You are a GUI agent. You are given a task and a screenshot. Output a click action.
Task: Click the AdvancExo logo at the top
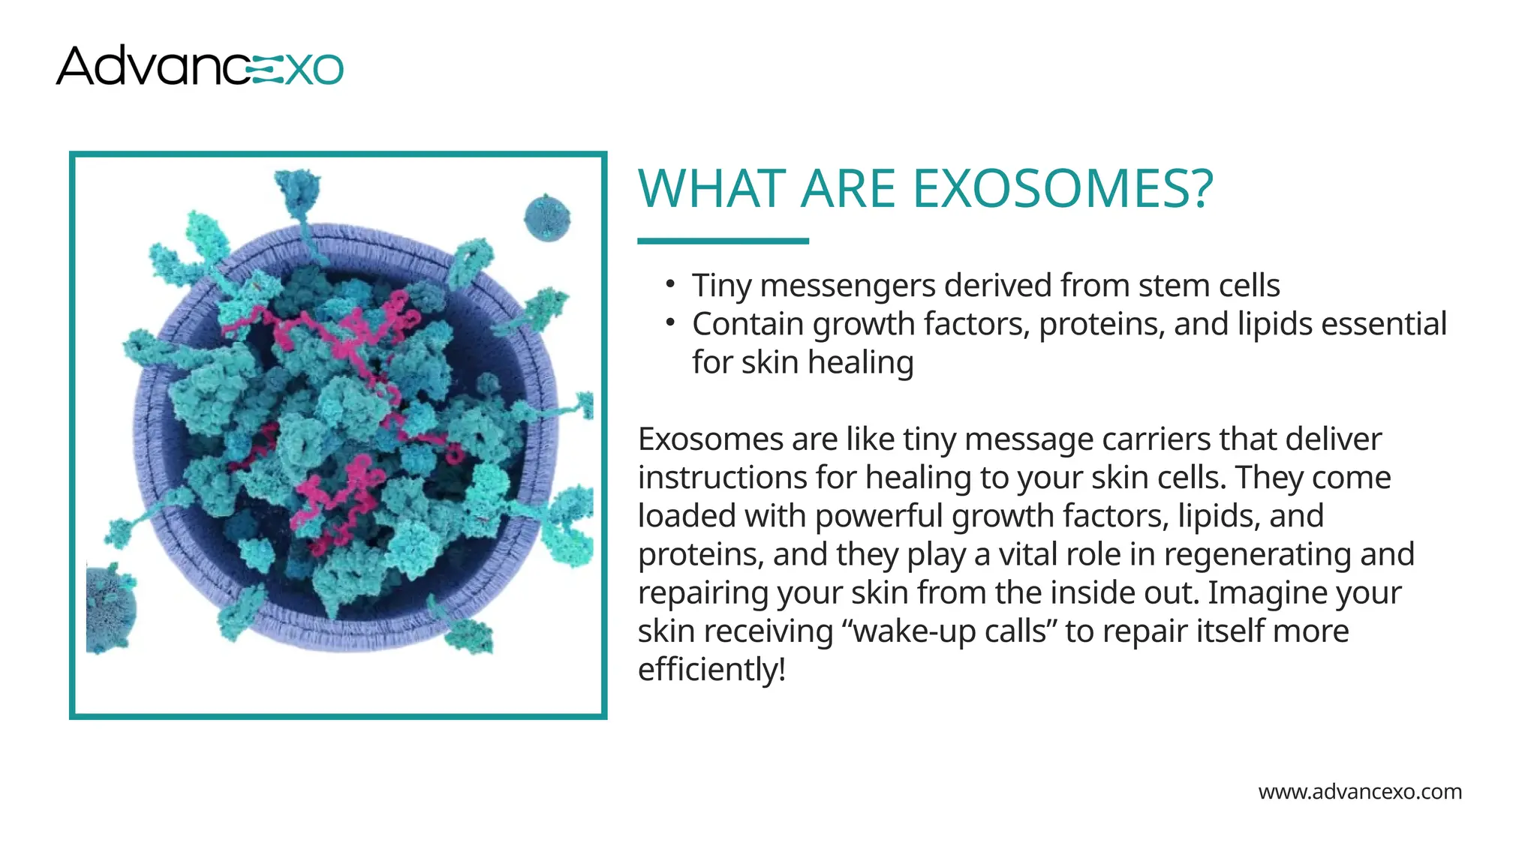199,66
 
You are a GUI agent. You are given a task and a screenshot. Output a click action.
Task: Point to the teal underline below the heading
723,241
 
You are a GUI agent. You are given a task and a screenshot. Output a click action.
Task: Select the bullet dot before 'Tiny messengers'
670,284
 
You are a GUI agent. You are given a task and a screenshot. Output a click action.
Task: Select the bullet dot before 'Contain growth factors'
670,322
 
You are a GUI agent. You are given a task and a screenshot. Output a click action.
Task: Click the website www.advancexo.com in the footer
1359,792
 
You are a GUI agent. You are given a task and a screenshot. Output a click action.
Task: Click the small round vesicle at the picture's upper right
547,217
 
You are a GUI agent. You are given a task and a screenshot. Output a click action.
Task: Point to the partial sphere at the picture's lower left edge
110,609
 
